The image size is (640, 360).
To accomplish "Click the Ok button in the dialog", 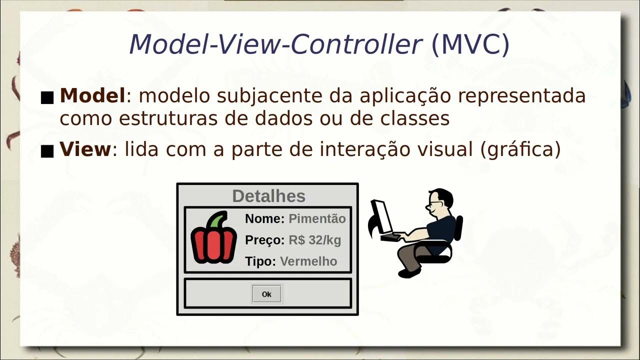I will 266,294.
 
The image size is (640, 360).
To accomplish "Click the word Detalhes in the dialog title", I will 268,196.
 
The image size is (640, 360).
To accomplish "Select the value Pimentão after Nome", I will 317,218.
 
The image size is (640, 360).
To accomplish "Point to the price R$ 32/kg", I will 314,240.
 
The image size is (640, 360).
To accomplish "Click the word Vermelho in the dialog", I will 308,261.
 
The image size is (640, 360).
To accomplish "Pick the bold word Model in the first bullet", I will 92,95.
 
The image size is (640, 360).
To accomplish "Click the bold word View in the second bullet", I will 85,149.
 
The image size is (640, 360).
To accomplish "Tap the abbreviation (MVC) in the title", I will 470,45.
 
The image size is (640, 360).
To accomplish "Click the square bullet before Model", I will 47,97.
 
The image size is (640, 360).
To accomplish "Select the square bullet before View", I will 47,151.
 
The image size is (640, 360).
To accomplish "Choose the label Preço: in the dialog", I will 264,240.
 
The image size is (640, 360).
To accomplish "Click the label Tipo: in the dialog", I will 260,261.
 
